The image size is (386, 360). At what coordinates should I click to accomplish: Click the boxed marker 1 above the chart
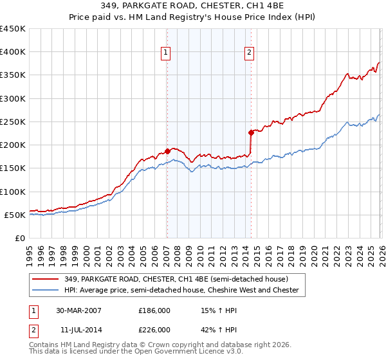pyautogui.click(x=166, y=53)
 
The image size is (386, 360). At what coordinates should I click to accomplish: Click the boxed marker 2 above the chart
pyautogui.click(x=249, y=53)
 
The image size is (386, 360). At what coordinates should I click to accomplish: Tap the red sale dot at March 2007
pyautogui.click(x=167, y=152)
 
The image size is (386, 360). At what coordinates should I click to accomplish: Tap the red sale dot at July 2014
pyautogui.click(x=250, y=133)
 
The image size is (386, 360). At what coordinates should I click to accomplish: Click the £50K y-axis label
pyautogui.click(x=15, y=215)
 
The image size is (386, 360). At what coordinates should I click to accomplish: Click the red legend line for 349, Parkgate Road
pyautogui.click(x=46, y=279)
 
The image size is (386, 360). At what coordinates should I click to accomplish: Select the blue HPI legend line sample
pyautogui.click(x=46, y=291)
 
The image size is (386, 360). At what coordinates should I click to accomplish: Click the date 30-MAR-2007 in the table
pyautogui.click(x=79, y=310)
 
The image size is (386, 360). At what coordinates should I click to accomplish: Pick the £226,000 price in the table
pyautogui.click(x=154, y=330)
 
